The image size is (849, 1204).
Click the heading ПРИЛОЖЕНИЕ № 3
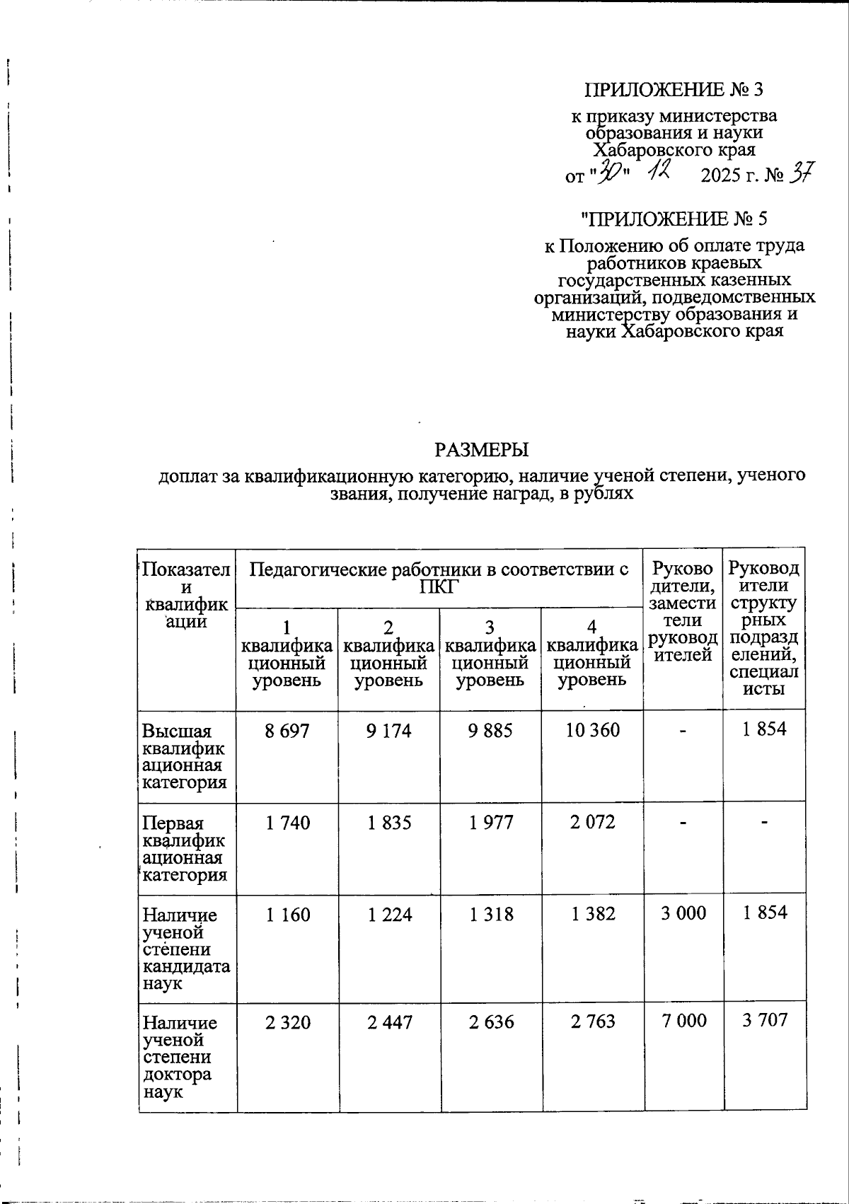coord(674,90)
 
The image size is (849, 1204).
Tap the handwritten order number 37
coord(803,173)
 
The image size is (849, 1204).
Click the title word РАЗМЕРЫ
coord(481,449)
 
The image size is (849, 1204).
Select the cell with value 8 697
coord(287,731)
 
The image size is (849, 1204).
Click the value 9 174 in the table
coord(388,731)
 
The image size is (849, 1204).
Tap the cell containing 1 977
coord(490,823)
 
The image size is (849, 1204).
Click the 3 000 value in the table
coord(683,913)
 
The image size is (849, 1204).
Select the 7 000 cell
coord(683,1020)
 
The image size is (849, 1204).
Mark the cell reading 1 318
coord(490,915)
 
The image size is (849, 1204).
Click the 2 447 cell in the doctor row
coord(388,1021)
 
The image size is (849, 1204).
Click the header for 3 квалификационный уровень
coord(490,654)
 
